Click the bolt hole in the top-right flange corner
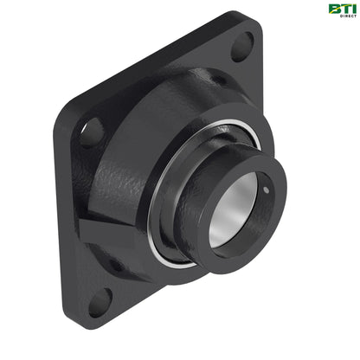242,46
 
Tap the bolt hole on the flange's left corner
92,132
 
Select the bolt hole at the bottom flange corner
100,299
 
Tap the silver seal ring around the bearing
159,234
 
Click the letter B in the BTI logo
334,9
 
